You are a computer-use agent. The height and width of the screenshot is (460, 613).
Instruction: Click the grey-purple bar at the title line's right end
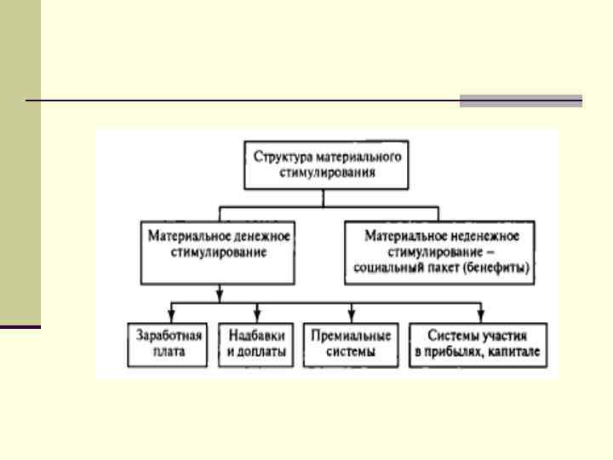click(521, 101)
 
